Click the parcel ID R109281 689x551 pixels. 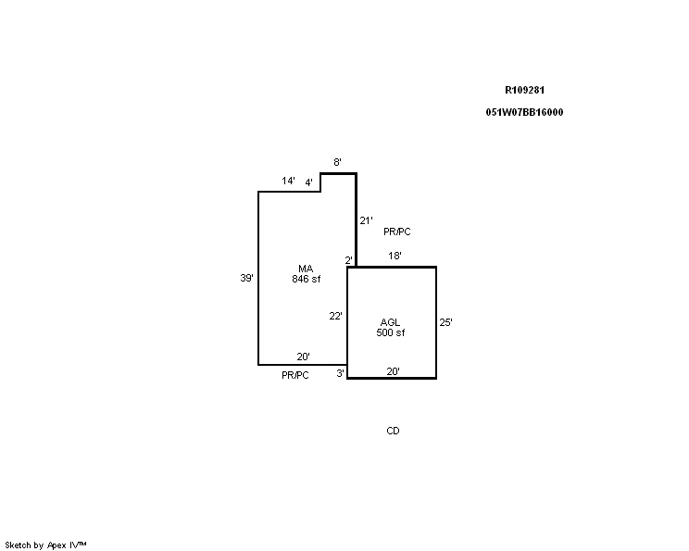525,90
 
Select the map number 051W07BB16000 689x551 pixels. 524,112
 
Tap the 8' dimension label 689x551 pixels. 337,162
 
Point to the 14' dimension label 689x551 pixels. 288,181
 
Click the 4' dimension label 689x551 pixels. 309,182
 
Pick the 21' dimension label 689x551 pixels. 366,220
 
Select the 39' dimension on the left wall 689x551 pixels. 246,278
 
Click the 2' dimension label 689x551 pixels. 348,260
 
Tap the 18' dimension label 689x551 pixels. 395,256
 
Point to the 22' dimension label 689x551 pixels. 336,316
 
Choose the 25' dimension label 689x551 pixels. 445,322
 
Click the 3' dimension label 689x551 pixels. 341,373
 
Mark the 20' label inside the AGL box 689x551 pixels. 394,371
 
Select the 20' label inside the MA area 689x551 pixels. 303,357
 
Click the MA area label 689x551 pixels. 306,269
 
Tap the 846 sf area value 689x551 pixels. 307,279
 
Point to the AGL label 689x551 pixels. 390,322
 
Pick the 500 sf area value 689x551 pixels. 391,332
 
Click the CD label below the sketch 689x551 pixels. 393,431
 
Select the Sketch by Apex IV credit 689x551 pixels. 45,545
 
